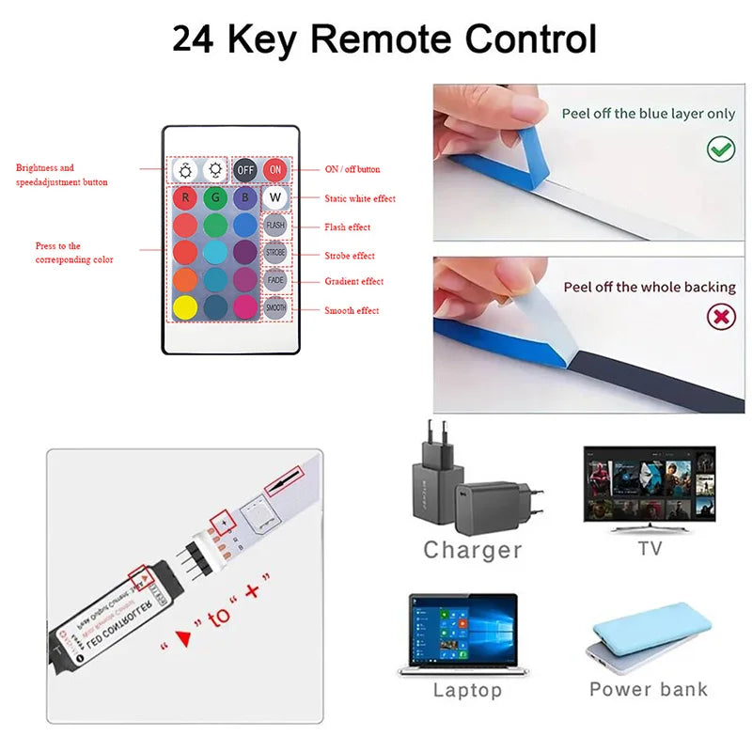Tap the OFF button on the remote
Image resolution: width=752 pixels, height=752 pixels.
(x=245, y=170)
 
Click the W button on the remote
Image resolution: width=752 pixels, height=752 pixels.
(x=275, y=198)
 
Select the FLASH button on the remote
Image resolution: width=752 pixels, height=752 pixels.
(x=275, y=226)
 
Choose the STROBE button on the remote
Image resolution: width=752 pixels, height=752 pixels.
(x=275, y=253)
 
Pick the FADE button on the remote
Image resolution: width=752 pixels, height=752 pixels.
(x=275, y=280)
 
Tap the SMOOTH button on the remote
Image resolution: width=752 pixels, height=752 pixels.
(x=275, y=307)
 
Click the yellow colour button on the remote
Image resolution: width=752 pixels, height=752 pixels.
(x=186, y=307)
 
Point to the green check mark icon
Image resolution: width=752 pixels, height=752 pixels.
(x=721, y=149)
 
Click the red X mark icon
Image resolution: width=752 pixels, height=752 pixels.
(x=721, y=317)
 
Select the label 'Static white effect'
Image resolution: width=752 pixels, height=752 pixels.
(x=360, y=198)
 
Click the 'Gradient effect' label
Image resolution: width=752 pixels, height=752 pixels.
(x=353, y=281)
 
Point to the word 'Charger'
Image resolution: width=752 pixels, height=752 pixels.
(x=472, y=550)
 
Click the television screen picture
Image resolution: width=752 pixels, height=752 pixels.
(x=650, y=486)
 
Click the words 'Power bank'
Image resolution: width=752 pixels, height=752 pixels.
(x=649, y=689)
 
